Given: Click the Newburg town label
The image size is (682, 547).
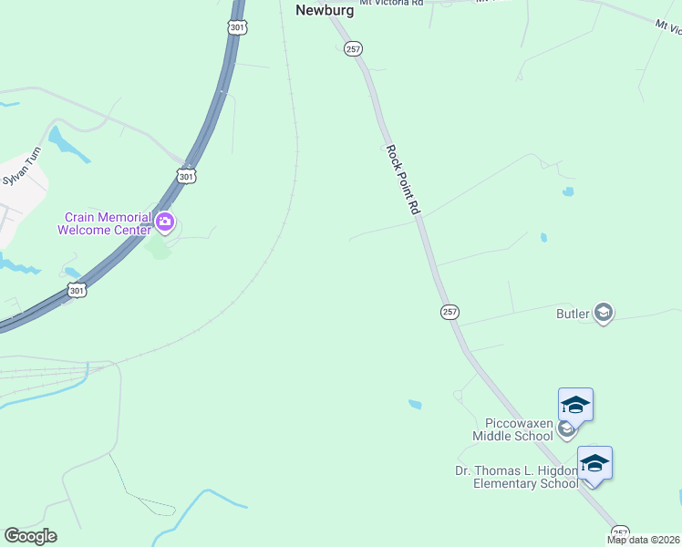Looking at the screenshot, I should (x=324, y=10).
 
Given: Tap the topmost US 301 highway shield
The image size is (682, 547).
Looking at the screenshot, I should (x=237, y=28).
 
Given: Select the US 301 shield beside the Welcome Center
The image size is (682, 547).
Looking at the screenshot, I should (x=186, y=176).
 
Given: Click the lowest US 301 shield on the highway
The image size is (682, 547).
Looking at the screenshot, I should (x=77, y=291).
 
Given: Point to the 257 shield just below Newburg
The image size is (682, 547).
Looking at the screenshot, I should (x=354, y=49).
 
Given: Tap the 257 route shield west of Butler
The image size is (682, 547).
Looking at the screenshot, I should (x=449, y=312).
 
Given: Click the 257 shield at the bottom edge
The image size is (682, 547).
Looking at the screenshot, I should (x=620, y=532).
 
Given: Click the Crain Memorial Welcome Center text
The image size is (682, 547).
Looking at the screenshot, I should (x=104, y=223).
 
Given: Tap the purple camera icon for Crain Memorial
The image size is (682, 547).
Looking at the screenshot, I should (x=165, y=221).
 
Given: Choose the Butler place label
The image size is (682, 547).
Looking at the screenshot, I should (x=573, y=314).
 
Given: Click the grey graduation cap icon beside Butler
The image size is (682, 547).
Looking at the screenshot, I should (x=603, y=314).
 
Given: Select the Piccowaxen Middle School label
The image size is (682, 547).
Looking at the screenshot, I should (x=512, y=430).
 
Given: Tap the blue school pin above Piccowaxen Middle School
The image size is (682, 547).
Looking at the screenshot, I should (x=575, y=404).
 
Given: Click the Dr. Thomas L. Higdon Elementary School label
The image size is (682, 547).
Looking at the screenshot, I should (x=516, y=477).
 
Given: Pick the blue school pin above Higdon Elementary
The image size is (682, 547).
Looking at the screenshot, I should (x=594, y=462).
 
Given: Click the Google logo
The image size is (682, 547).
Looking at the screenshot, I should (x=30, y=536).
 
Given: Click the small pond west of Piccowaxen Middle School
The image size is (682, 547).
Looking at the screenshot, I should (x=415, y=404).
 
